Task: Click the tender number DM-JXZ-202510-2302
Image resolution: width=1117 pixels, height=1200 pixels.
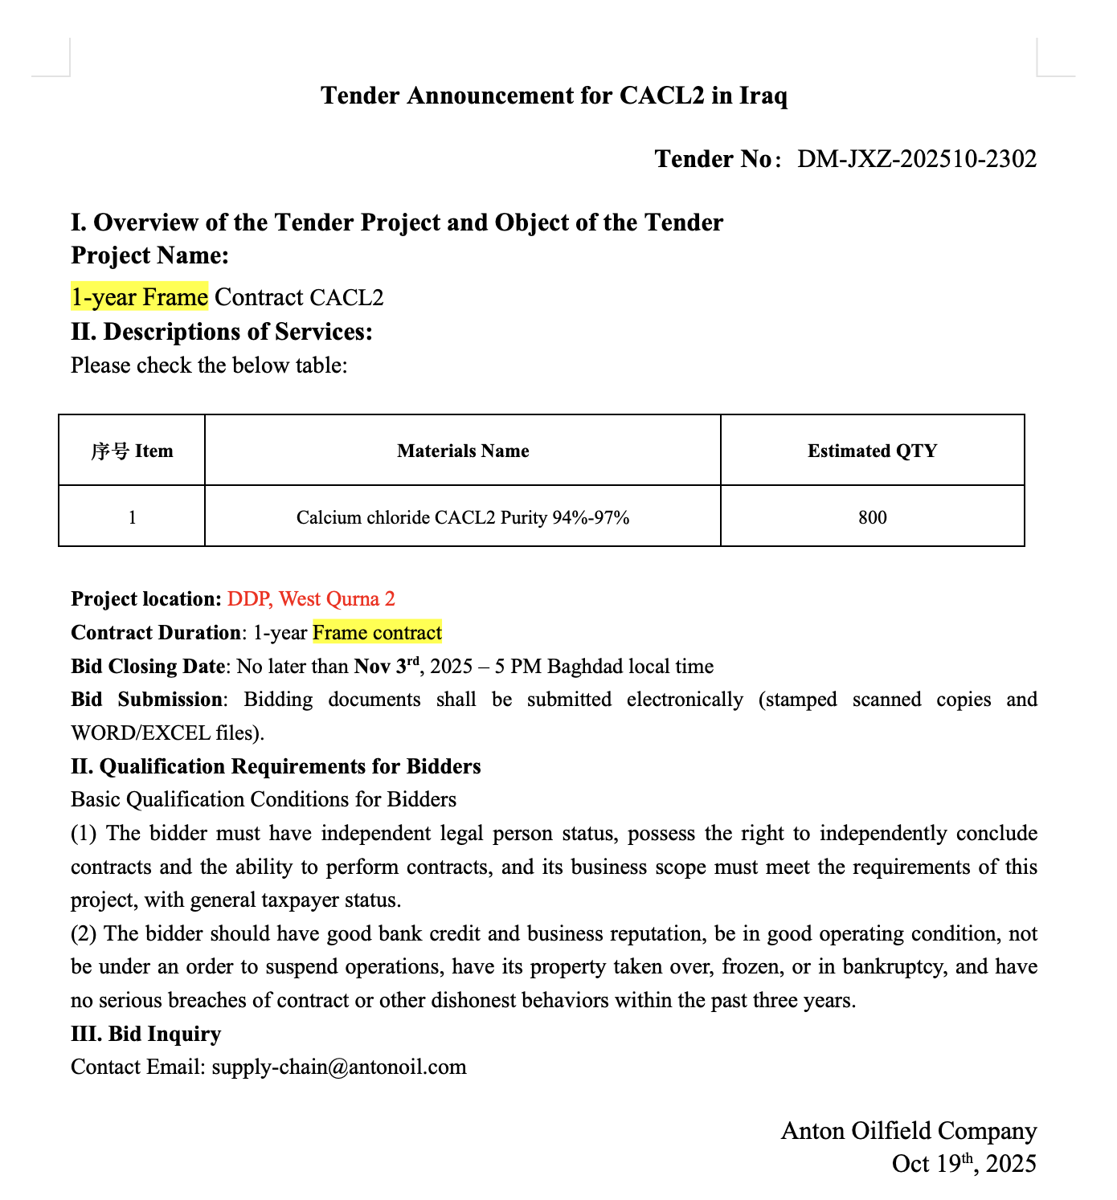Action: tap(916, 159)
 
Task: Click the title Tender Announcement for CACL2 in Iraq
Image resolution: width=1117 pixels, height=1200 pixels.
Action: tap(554, 96)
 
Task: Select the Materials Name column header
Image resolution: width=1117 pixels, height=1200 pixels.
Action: tap(463, 451)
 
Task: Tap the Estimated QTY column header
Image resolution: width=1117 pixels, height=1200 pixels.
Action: tap(872, 451)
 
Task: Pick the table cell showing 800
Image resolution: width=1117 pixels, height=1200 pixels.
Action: tap(872, 517)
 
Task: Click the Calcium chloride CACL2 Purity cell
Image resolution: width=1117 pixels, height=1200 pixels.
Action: tap(463, 517)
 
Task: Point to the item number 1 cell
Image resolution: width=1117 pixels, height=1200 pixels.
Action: tap(132, 517)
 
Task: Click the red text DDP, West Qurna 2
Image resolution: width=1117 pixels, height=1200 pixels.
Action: tap(311, 599)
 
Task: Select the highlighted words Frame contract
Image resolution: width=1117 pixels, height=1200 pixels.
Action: tap(377, 633)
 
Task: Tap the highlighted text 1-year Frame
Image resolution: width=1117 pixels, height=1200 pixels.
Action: tap(139, 297)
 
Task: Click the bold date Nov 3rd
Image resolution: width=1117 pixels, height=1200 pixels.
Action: tap(387, 666)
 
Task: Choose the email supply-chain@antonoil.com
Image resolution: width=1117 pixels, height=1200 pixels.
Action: tap(338, 1067)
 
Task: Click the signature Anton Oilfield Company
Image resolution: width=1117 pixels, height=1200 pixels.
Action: tap(908, 1131)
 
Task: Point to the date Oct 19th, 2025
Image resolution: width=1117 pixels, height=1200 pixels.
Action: tap(964, 1164)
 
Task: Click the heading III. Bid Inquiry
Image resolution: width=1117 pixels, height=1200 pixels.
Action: tap(145, 1034)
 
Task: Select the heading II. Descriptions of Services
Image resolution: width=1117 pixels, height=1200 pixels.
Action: tap(222, 331)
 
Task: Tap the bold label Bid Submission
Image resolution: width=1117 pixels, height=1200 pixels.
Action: tap(145, 700)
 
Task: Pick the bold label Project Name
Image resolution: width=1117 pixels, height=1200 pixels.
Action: tap(149, 255)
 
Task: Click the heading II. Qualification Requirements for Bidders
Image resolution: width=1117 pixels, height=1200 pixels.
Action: tap(276, 766)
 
